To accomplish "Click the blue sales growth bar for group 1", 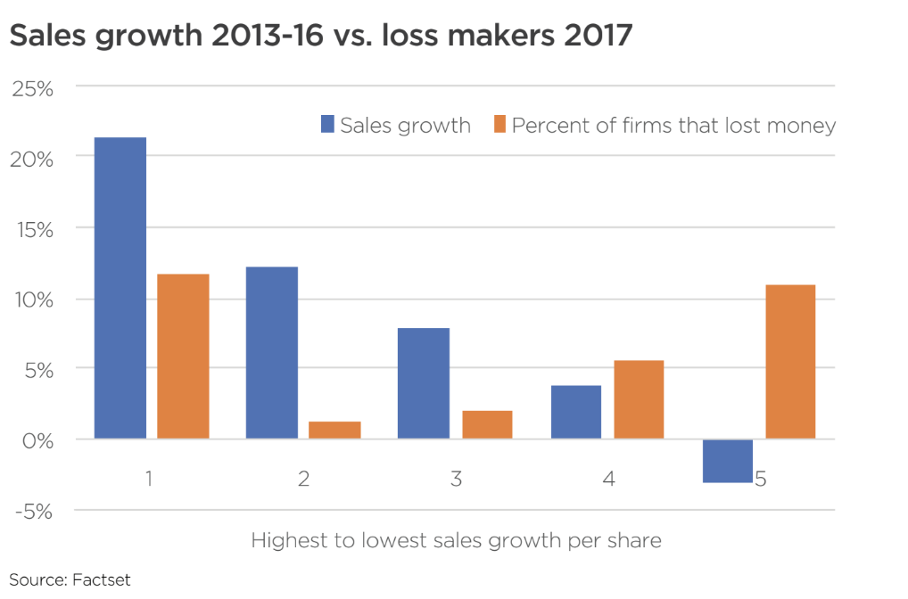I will (120, 287).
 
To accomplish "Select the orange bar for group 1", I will (184, 356).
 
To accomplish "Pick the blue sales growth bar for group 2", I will (272, 352).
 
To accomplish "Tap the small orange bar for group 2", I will (334, 430).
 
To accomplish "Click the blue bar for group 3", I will (424, 383).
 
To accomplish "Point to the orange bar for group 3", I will (487, 424).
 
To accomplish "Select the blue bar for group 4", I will (576, 412).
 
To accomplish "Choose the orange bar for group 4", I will (639, 399).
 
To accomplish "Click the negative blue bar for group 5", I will (728, 461).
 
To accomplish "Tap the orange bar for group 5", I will (790, 361).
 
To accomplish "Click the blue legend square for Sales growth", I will (327, 125).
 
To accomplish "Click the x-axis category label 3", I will (456, 479).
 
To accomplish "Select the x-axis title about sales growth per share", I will (456, 540).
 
